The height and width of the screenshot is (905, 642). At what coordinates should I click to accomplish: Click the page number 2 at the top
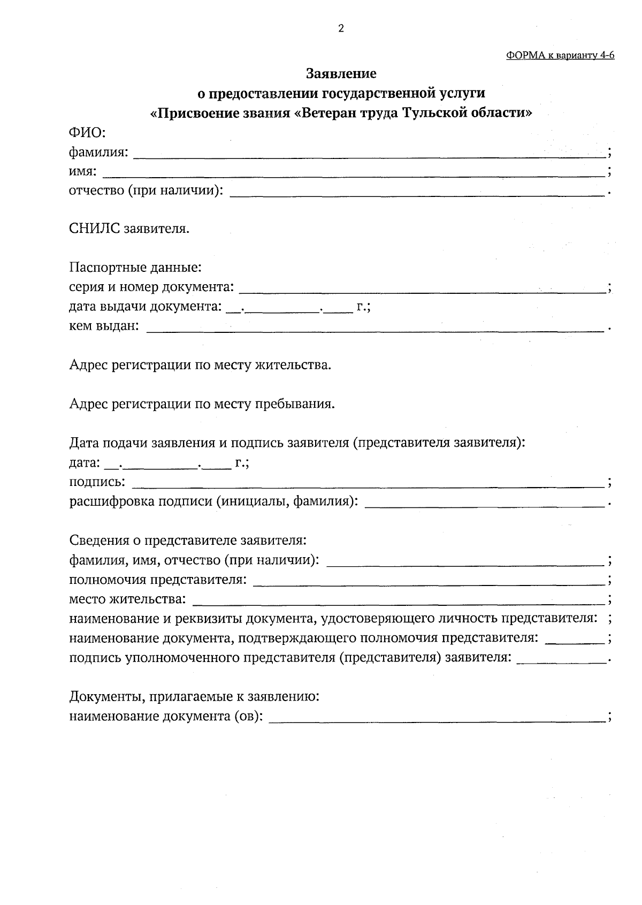341,29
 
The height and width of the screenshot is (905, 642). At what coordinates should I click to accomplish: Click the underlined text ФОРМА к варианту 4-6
560,56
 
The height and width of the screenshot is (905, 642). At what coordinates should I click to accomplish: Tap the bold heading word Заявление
341,73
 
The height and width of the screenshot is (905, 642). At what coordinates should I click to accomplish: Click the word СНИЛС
95,229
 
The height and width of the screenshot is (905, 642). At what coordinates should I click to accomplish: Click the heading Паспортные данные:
135,267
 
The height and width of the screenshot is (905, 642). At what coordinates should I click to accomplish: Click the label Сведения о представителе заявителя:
188,541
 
